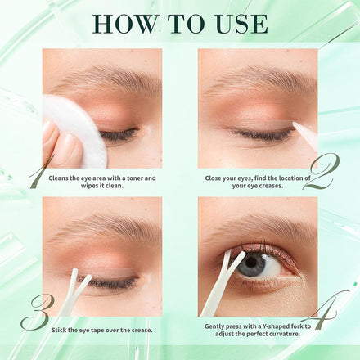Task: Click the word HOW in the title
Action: pyautogui.click(x=126, y=24)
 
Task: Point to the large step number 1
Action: pyautogui.click(x=41, y=171)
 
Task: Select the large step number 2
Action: pyautogui.click(x=322, y=172)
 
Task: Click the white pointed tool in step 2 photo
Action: pyautogui.click(x=305, y=135)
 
